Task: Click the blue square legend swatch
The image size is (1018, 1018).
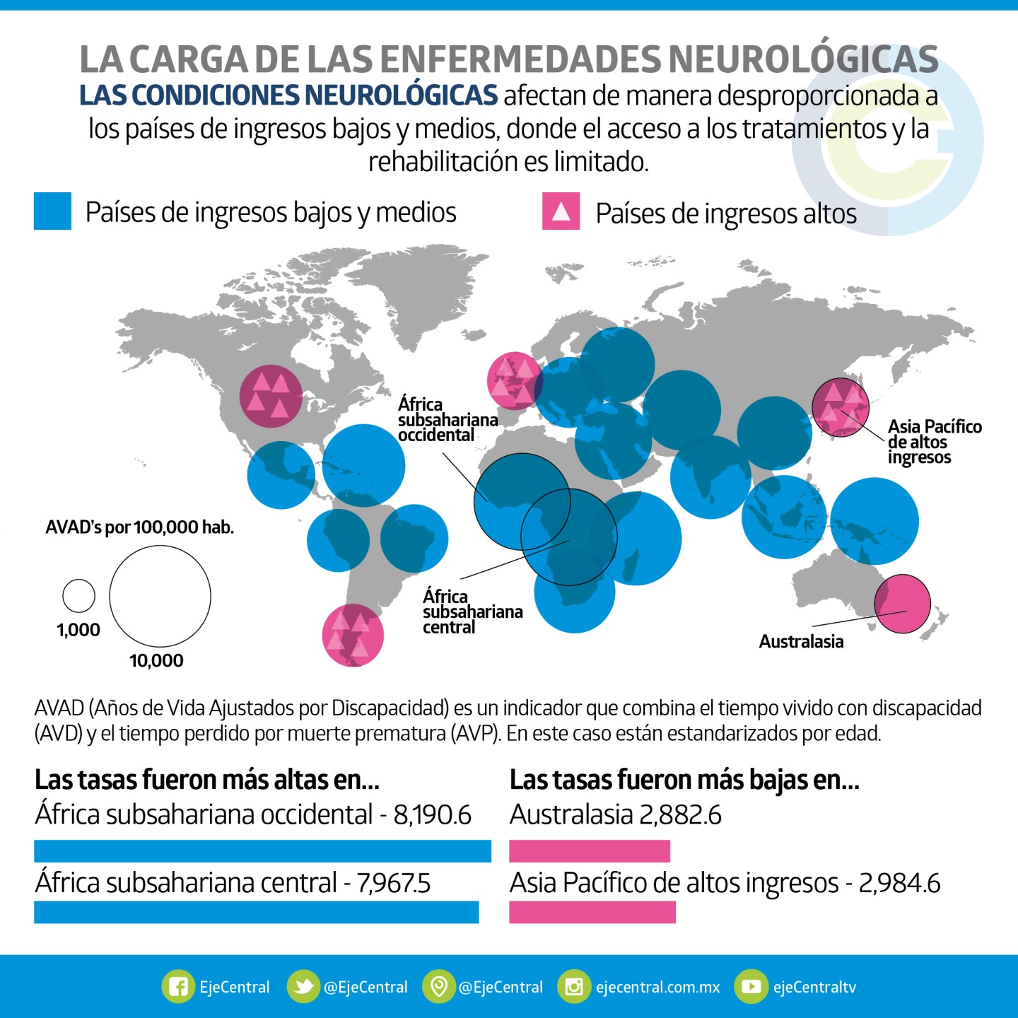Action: pos(52,211)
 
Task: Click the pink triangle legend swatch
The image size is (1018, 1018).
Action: pos(561,211)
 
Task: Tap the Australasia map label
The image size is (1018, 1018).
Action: pos(801,642)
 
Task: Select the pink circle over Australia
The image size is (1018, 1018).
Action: pos(903,604)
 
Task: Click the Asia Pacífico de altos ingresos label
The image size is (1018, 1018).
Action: pos(934,442)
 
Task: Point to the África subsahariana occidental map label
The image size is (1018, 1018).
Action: pos(447,420)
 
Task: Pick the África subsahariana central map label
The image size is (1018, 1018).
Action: pos(472,612)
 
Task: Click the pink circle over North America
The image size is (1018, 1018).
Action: pos(271,396)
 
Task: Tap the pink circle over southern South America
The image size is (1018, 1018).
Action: pos(353,635)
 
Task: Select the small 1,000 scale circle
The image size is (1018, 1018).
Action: pos(78,596)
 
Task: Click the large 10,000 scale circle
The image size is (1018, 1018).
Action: pos(160,596)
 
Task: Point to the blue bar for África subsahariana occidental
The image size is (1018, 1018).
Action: pos(262,850)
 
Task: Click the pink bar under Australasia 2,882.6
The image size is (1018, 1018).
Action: pos(590,850)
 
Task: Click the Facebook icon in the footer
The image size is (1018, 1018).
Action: pos(177,987)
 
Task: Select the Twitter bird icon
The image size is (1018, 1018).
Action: pos(303,987)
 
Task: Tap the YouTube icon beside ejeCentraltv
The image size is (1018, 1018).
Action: pos(750,987)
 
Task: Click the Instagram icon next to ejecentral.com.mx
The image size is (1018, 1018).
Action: pos(573,987)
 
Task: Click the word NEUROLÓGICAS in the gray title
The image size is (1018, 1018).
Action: pos(803,59)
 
